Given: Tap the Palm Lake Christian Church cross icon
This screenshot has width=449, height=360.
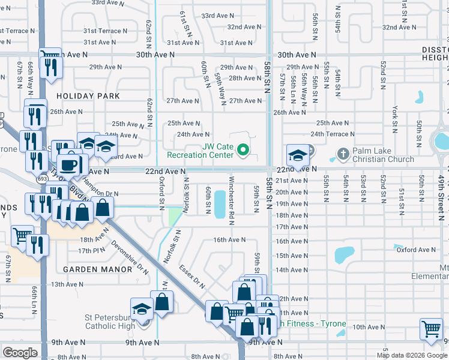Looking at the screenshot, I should [x=344, y=154].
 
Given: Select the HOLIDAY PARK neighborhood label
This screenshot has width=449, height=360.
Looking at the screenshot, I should [x=88, y=96].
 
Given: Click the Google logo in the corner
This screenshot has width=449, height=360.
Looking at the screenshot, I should [x=20, y=352].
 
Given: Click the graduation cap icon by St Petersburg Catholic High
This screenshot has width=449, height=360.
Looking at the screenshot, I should [x=142, y=309].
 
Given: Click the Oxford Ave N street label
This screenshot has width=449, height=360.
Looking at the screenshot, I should [x=415, y=250].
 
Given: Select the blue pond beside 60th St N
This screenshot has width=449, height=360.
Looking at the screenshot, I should [x=220, y=204].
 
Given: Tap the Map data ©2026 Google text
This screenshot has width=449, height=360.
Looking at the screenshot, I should [x=412, y=355].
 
